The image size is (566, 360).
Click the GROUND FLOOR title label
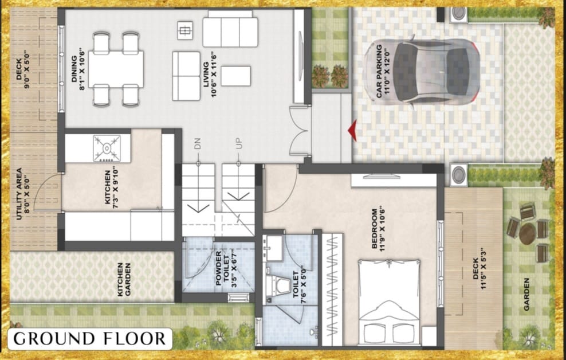pos(89,339)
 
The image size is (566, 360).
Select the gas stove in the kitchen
pos(107,148)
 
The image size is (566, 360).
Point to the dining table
pos(116,69)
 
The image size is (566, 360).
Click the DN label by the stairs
pos(198,144)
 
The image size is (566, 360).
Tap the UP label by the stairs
pos(238,144)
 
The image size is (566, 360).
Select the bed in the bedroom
pos(389,302)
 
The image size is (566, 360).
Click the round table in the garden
pos(528,234)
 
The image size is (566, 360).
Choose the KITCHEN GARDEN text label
pos(124,280)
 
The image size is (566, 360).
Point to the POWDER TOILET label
pos(222,269)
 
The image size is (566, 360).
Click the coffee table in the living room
pos(235,76)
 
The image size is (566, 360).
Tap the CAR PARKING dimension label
pos(383,71)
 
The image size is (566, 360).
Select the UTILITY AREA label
pos(23,193)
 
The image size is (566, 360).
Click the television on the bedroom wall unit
pos(382,176)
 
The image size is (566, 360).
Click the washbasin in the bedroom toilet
pos(273,248)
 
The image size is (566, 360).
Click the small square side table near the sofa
pos(185,30)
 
